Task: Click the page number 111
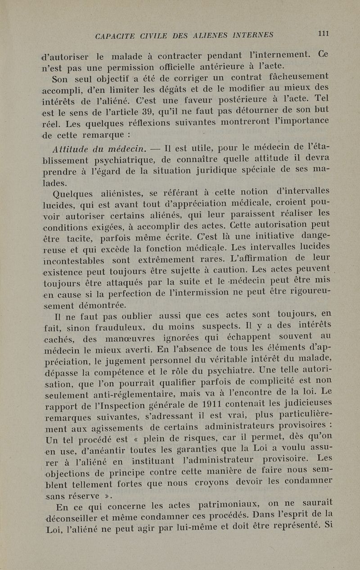pyautogui.click(x=324, y=33)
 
